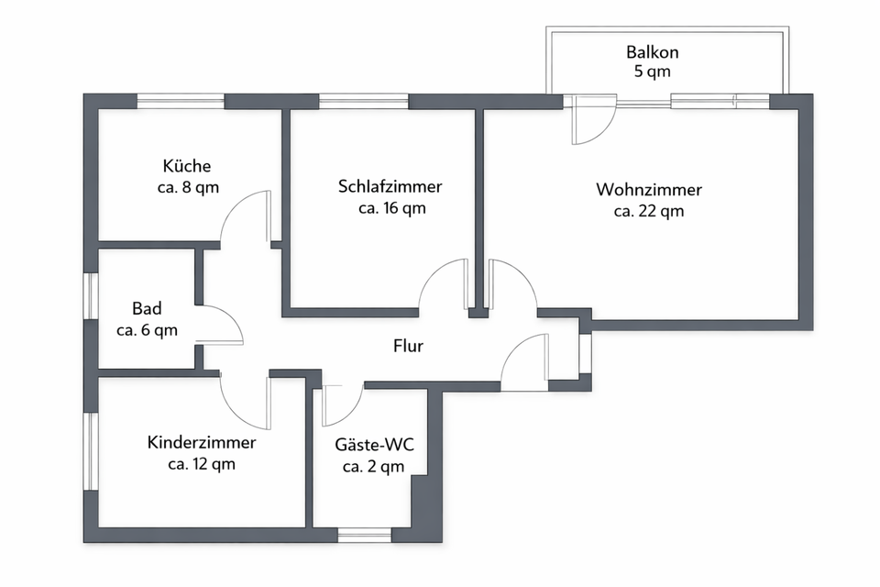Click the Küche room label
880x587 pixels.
click(x=187, y=166)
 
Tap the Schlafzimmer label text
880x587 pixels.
click(x=390, y=186)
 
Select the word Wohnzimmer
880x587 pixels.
click(x=649, y=190)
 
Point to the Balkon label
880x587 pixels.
click(x=654, y=52)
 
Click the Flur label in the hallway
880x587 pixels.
click(x=408, y=346)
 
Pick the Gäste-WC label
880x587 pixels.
click(x=374, y=446)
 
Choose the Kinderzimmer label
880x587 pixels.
click(x=202, y=443)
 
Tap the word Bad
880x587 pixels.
click(x=147, y=307)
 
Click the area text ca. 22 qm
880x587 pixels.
click(x=649, y=211)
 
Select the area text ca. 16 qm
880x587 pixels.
click(x=391, y=207)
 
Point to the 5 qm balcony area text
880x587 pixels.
click(x=654, y=73)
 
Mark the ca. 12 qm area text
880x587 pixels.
click(x=202, y=464)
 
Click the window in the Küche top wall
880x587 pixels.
click(x=181, y=101)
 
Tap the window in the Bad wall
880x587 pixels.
click(x=91, y=295)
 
